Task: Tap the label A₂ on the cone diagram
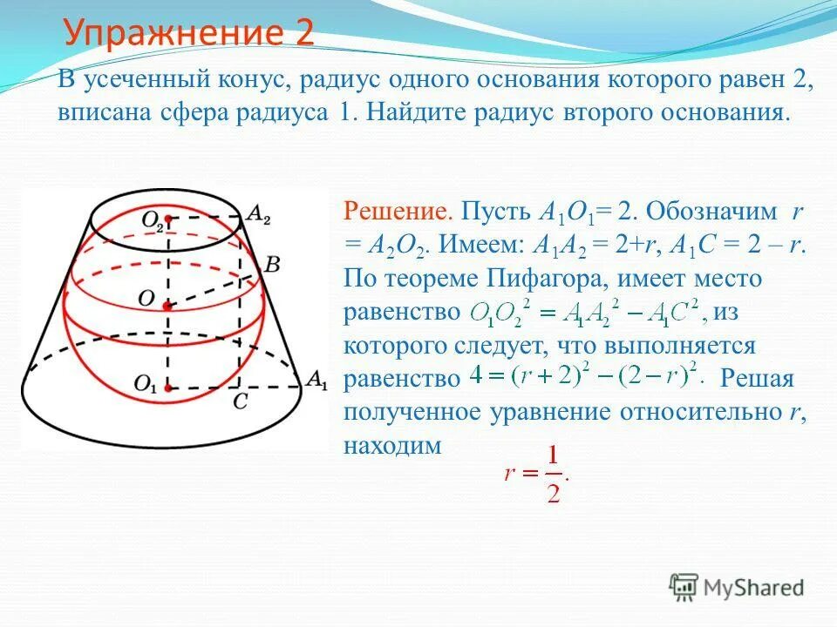pyautogui.click(x=258, y=212)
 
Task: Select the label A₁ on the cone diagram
pyautogui.click(x=316, y=380)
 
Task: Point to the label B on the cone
pyautogui.click(x=271, y=264)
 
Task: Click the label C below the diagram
pyautogui.click(x=240, y=402)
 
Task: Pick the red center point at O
pyautogui.click(x=168, y=306)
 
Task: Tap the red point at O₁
pyautogui.click(x=168, y=387)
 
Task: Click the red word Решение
pyautogui.click(x=398, y=212)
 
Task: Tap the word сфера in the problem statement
pyautogui.click(x=208, y=114)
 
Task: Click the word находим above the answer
pyautogui.click(x=393, y=445)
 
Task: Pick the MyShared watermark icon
pyautogui.click(x=683, y=586)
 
